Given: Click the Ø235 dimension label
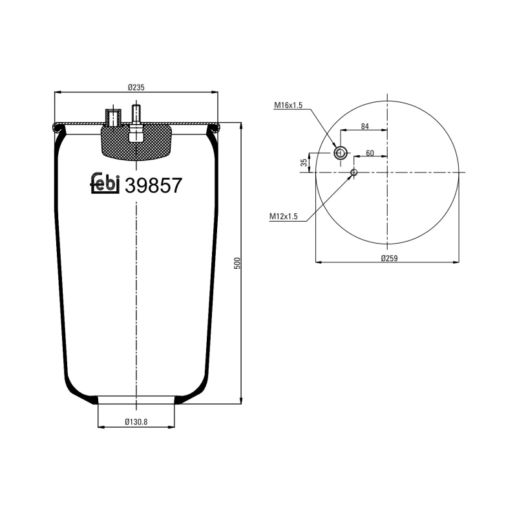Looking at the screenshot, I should pos(136,87).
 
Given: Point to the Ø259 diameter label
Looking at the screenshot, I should pos(388,257).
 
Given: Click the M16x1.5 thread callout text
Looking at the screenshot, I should pos(288,105).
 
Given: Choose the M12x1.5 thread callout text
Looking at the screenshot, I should pos(283,216).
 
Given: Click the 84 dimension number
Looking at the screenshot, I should pos(365,127).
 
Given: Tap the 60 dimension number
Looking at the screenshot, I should pos(370,153).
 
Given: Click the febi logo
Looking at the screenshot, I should pos(105,184).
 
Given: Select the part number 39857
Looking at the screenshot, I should pos(153,185).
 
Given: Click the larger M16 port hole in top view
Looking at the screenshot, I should pos(341,153).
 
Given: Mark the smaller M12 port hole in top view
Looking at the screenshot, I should pos(353,173).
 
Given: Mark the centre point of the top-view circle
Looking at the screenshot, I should pos(387,173).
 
